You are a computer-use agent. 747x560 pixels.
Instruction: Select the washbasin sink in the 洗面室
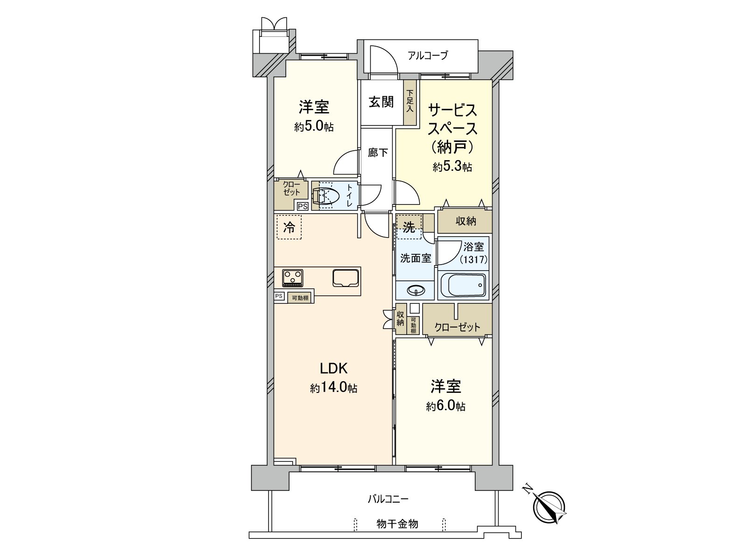tap(416, 291)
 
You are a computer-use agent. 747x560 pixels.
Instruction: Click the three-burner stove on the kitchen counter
tap(293, 278)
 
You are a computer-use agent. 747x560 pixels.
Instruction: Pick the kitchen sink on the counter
tap(345, 278)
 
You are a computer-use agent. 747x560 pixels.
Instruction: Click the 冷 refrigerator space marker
tap(289, 227)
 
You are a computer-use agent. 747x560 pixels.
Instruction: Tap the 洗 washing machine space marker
tap(409, 227)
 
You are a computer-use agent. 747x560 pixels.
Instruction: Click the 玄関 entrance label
tap(381, 102)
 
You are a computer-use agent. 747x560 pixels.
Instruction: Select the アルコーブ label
tap(428, 56)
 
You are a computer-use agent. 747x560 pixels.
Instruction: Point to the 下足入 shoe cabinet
tap(410, 102)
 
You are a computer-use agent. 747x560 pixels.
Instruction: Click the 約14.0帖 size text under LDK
tap(333, 388)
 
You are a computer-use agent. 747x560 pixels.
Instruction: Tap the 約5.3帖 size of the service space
tap(452, 167)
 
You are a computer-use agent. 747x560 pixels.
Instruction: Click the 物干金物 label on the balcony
tap(397, 524)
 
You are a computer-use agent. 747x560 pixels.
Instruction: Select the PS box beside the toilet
tap(302, 206)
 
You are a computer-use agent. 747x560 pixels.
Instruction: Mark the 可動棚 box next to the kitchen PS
tap(300, 297)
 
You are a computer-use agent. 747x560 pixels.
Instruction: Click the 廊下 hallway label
tap(378, 153)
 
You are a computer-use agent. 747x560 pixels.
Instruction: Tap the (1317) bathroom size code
tap(473, 259)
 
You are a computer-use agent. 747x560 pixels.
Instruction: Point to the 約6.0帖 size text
tap(445, 406)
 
